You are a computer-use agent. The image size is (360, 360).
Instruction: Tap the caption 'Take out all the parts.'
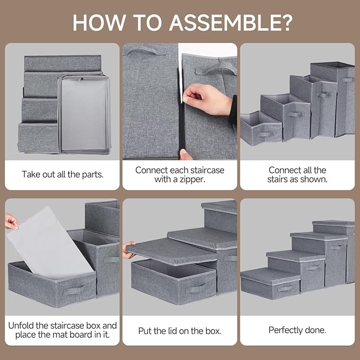coord(62,174)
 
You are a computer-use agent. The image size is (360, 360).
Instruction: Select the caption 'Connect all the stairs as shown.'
coord(297,174)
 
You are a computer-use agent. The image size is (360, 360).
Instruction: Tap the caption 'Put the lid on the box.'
coord(180,331)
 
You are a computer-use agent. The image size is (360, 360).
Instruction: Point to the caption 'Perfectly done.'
coord(297,330)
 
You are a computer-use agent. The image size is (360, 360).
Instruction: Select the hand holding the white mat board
coord(11,221)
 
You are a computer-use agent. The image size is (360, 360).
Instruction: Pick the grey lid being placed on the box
coord(164,251)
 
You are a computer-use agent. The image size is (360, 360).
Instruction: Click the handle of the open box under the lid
coord(197,289)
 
